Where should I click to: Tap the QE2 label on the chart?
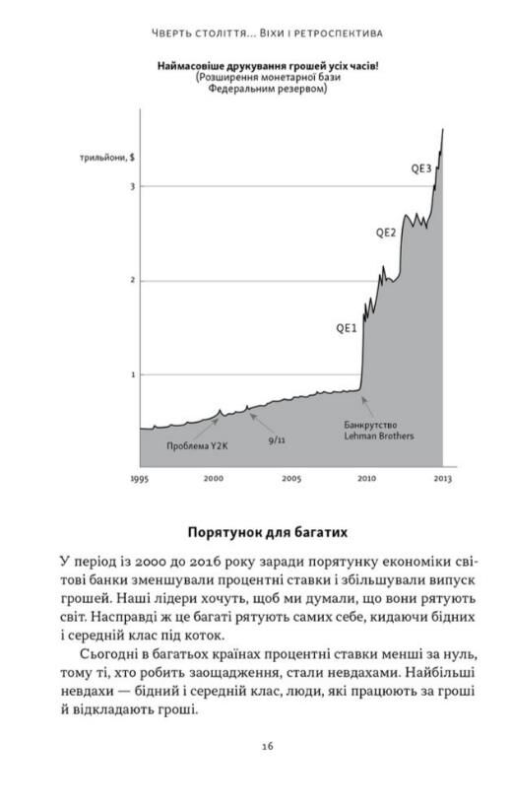[x=386, y=234]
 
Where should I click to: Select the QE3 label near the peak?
[x=421, y=168]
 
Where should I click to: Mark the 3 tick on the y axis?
[x=131, y=186]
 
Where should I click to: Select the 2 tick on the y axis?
[x=131, y=281]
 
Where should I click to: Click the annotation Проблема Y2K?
[x=196, y=446]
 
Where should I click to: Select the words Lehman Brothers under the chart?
[x=379, y=436]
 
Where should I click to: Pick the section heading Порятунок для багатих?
[x=268, y=532]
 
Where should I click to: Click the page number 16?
[x=268, y=746]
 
